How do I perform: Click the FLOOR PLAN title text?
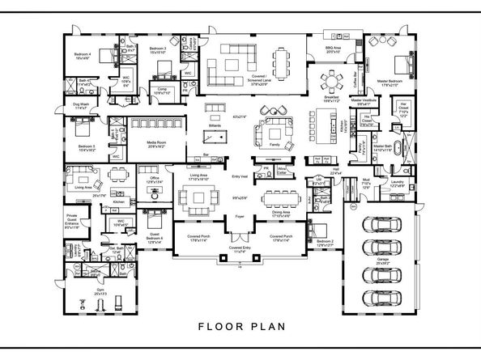point(240,328)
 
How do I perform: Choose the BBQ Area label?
point(334,49)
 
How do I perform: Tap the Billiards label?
point(214,127)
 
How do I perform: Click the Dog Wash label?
point(79,105)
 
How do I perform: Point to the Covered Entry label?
point(240,251)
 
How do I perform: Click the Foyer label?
point(240,218)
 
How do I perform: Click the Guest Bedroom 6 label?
point(155,236)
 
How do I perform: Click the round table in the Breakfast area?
point(331,79)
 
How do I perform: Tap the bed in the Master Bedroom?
point(403,64)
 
